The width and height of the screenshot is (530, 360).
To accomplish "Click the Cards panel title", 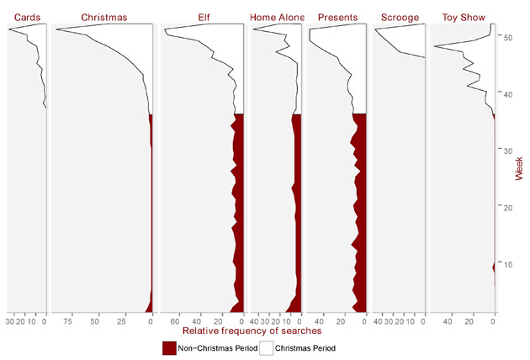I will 25,17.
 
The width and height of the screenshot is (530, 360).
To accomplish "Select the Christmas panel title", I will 103,17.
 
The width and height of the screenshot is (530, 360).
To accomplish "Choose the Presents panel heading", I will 338,17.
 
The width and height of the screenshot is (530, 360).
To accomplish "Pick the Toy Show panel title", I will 463,17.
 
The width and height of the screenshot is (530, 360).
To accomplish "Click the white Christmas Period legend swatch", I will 266,347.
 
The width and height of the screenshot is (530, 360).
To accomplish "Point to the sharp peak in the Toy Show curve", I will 433,46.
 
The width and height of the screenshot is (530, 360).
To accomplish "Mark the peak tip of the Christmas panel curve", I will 56,30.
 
